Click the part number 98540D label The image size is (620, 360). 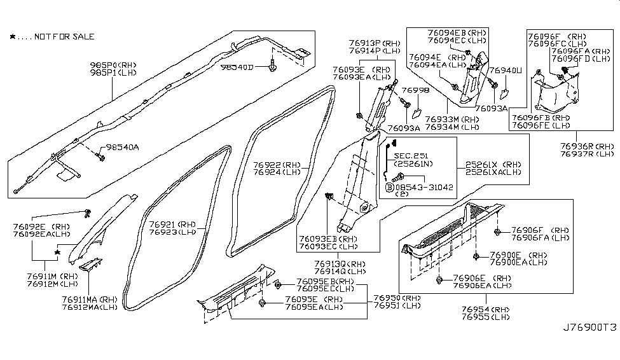pyautogui.click(x=236, y=67)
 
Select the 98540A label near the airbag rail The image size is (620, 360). pyautogui.click(x=122, y=147)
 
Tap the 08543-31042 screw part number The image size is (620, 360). pyautogui.click(x=422, y=187)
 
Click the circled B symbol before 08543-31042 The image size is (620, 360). pyautogui.click(x=389, y=188)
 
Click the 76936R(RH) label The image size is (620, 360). pyautogui.click(x=587, y=146)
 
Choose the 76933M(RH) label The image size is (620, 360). pyautogui.click(x=452, y=119)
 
